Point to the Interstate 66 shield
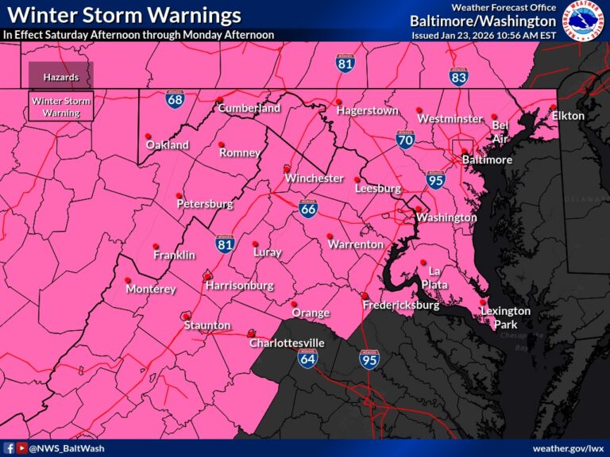[x=310, y=209]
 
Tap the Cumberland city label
[x=249, y=108]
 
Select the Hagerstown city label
[x=367, y=111]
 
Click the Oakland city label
[x=167, y=145]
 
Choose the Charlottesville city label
[x=287, y=343]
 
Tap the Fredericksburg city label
[x=401, y=305]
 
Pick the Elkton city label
[x=568, y=116]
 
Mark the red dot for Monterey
[x=128, y=280]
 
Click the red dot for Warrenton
[x=330, y=236]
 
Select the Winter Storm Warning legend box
[x=60, y=107]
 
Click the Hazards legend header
[x=60, y=77]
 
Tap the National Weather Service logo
[x=583, y=21]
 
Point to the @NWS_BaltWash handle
[x=61, y=448]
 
